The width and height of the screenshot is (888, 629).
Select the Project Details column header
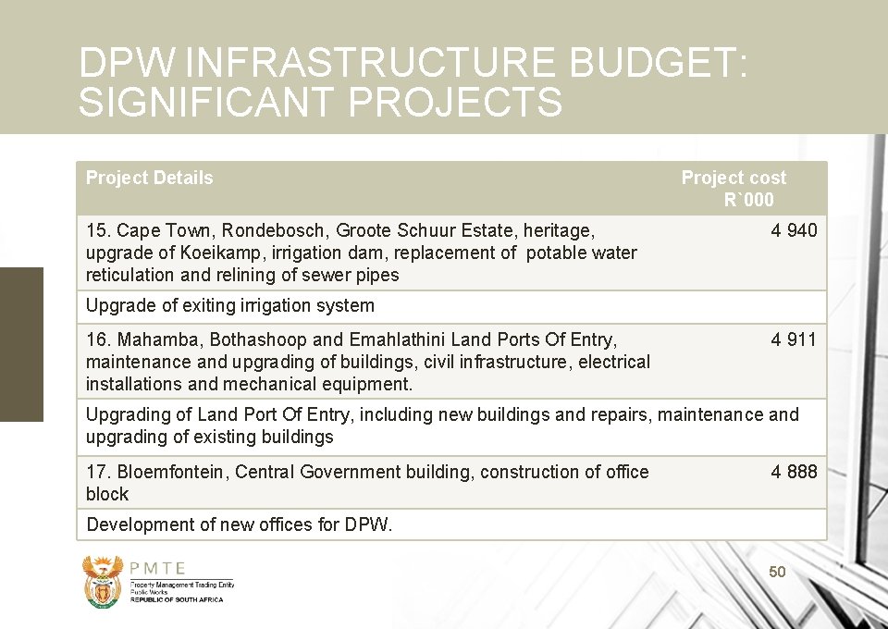[149, 178]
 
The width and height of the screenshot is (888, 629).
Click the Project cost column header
[734, 188]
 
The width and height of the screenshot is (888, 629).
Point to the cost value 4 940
[794, 230]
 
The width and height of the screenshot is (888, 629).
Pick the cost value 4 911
[794, 339]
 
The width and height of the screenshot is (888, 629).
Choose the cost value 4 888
[794, 472]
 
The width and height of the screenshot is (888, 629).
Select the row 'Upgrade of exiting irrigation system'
[230, 305]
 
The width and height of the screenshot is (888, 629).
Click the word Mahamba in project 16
[152, 339]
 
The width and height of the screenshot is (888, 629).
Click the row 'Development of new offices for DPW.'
[240, 524]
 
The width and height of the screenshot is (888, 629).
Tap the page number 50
[777, 573]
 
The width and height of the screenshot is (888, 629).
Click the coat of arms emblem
[102, 581]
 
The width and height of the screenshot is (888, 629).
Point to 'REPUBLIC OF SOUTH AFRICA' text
[177, 599]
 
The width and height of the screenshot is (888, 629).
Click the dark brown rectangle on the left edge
[21, 344]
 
